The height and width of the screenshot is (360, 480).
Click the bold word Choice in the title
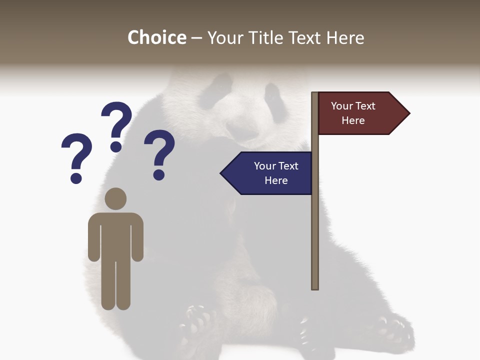156,37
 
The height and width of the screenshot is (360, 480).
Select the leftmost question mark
76,155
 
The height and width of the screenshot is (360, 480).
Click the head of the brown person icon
115,198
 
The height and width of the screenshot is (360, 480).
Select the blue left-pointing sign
270,173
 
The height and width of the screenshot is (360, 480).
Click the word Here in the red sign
353,120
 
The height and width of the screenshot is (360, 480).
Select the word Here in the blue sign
276,180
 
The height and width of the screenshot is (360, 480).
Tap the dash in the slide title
196,38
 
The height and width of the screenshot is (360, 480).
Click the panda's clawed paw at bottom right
395,330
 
